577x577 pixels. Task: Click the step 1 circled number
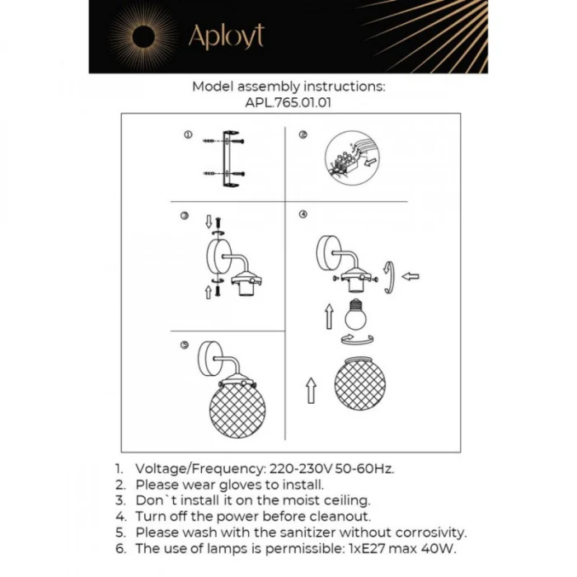pyautogui.click(x=188, y=134)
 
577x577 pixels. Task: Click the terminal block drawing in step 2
pyautogui.click(x=345, y=159)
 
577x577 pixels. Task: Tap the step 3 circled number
pyautogui.click(x=185, y=216)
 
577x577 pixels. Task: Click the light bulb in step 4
pyautogui.click(x=355, y=314)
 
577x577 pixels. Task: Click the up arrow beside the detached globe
pyautogui.click(x=311, y=389)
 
